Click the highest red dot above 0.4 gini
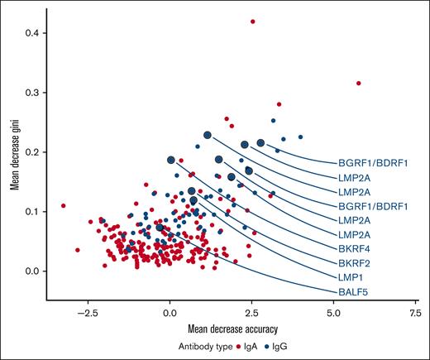[253, 22]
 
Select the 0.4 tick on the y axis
[30, 33]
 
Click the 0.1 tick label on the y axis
[30, 212]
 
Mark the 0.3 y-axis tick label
[30, 93]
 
